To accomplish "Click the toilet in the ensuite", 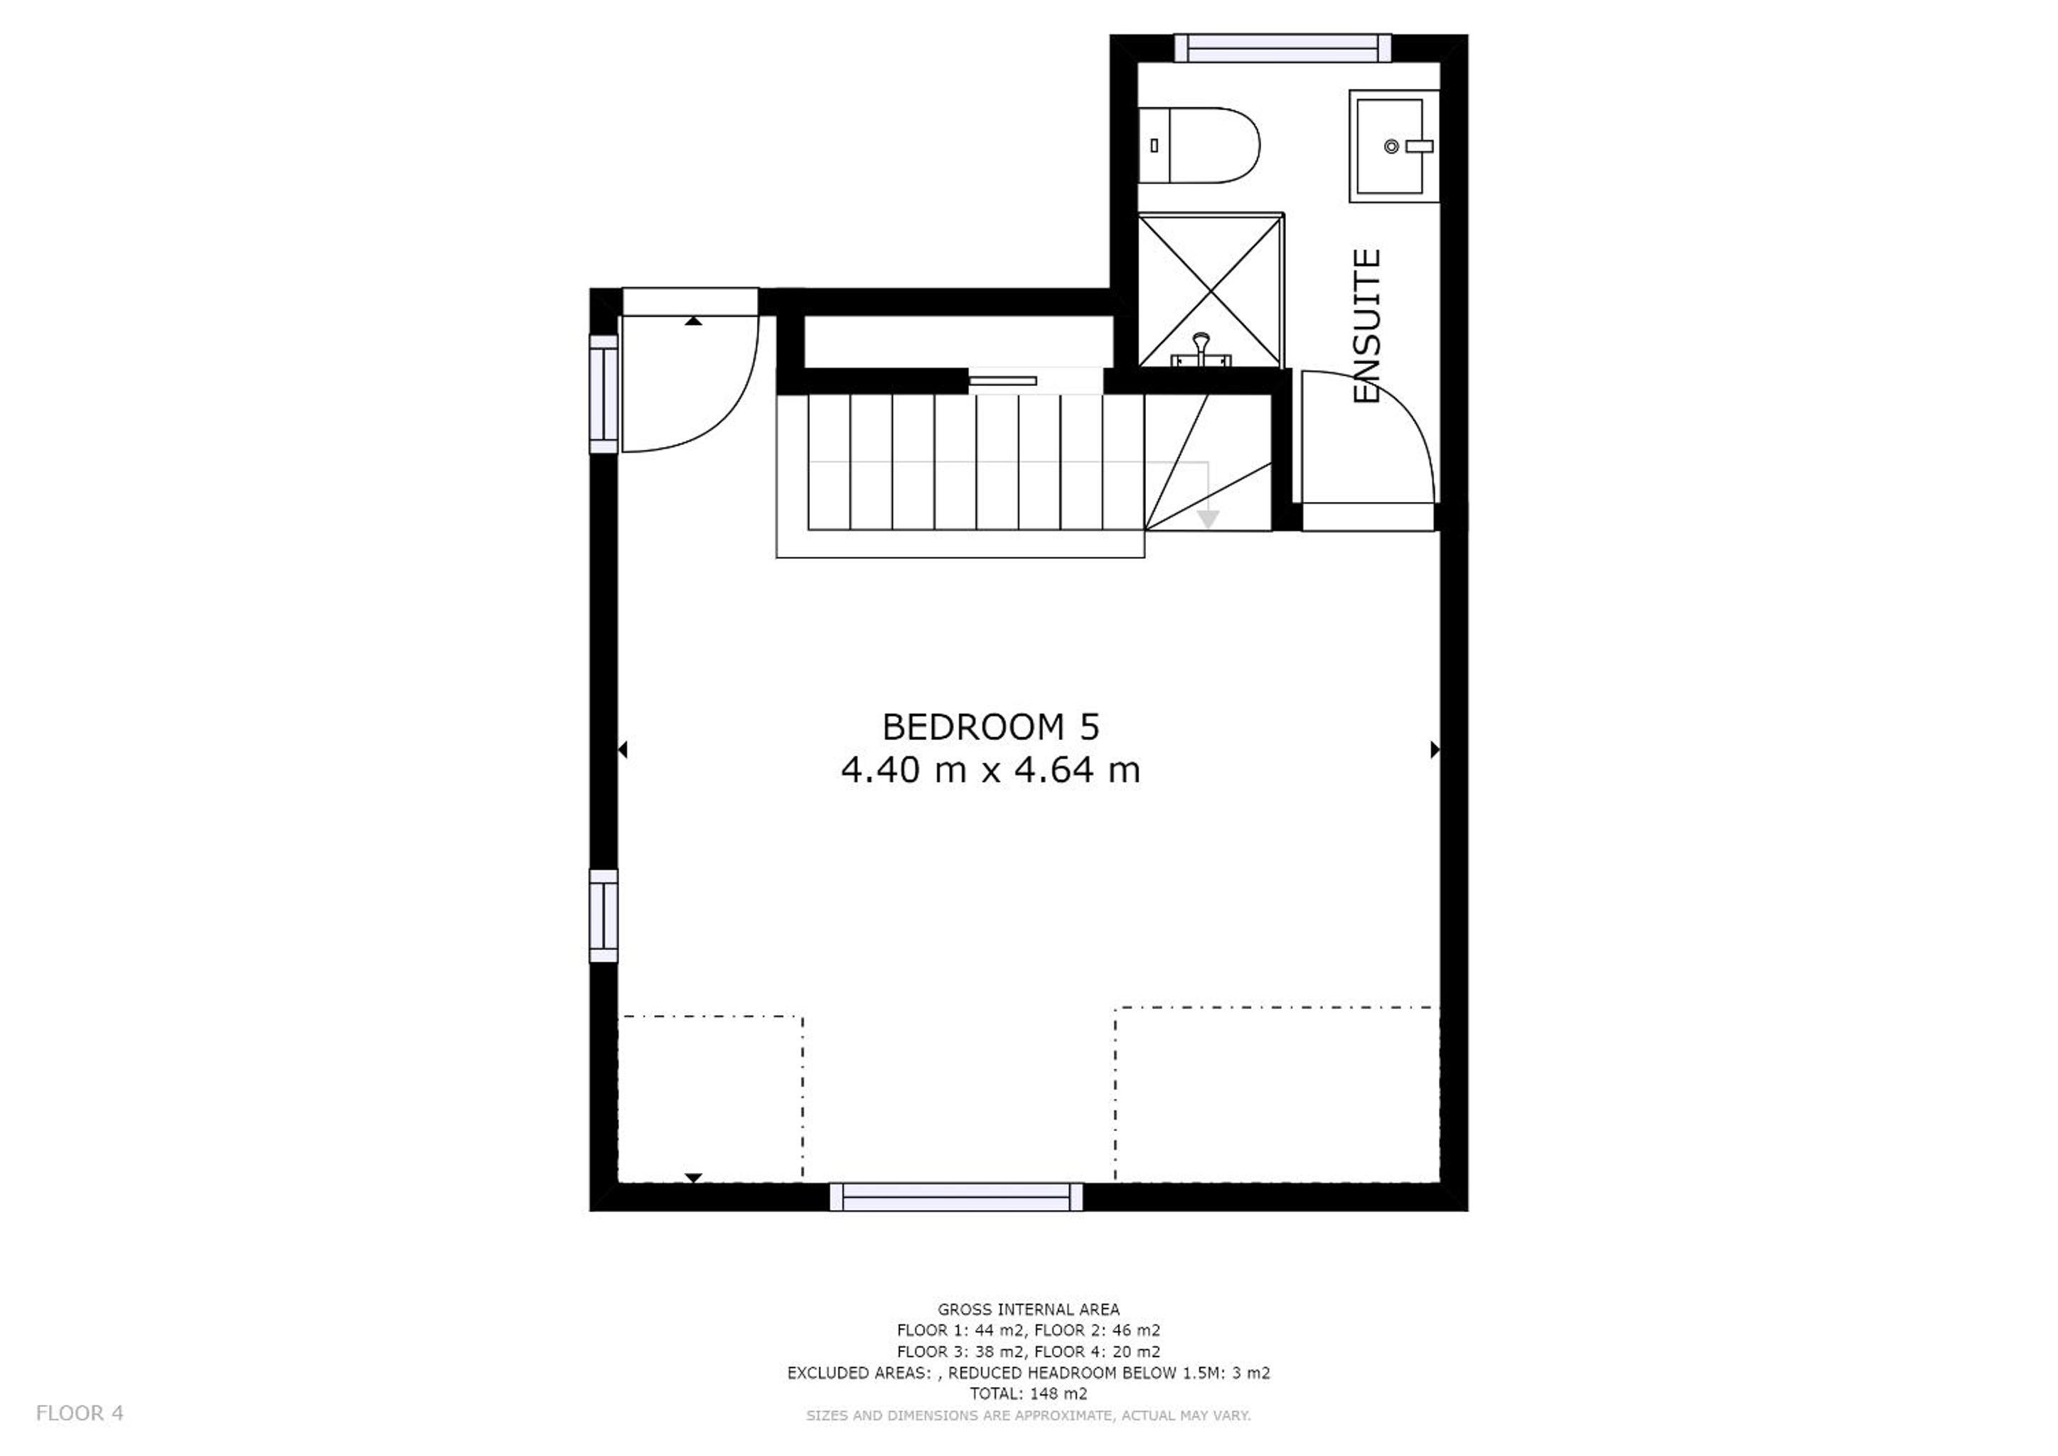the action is pos(1199,145).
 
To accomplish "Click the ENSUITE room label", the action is pos(1366,326).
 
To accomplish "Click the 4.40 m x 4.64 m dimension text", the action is pos(990,770).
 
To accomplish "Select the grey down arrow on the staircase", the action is pos(1208,519).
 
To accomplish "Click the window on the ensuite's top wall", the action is pos(1282,48).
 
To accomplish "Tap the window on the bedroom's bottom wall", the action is pos(956,1197).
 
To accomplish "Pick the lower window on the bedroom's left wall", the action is pos(604,916).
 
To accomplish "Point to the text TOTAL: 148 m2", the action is pos(1029,1394).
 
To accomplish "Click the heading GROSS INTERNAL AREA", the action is pos(1029,1310).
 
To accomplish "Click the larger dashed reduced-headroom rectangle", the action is pos(1277,1095).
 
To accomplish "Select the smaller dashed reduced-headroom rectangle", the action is pos(710,1099).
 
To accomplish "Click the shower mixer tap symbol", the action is pos(1201,350).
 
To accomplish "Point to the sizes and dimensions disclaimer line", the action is pos(1029,1415).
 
